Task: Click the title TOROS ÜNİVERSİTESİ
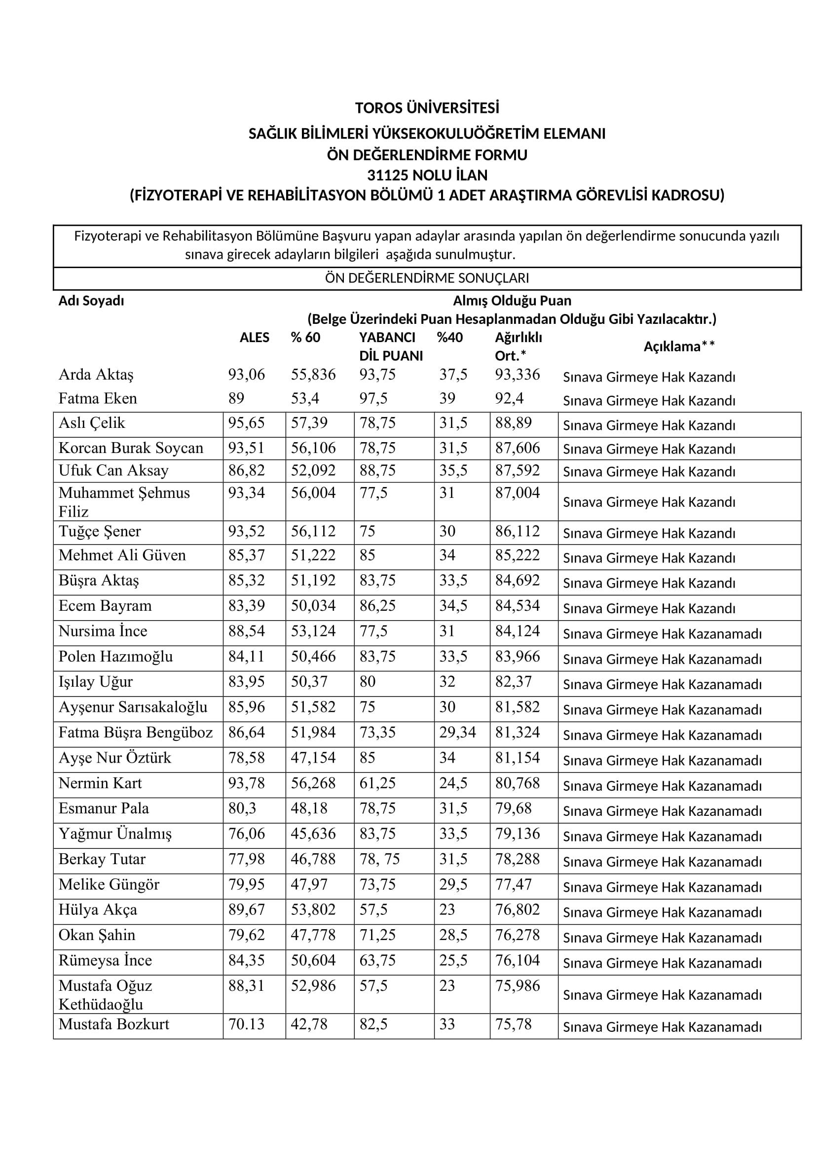pyautogui.click(x=427, y=108)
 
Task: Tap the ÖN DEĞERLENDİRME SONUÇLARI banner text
pyautogui.click(x=427, y=278)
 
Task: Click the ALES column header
pyautogui.click(x=254, y=338)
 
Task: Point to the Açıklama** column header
pyautogui.click(x=679, y=347)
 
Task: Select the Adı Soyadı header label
pyautogui.click(x=91, y=301)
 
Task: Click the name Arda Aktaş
pyautogui.click(x=96, y=375)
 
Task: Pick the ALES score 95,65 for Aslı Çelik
pyautogui.click(x=246, y=423)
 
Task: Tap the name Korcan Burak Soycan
pyautogui.click(x=131, y=448)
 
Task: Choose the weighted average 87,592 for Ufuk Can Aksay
pyautogui.click(x=518, y=471)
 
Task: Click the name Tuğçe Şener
pyautogui.click(x=100, y=531)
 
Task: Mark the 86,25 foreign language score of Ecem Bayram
pyautogui.click(x=377, y=606)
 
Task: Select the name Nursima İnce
pyautogui.click(x=103, y=631)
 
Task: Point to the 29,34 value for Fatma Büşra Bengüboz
pyautogui.click(x=457, y=733)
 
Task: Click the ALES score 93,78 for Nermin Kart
pyautogui.click(x=246, y=783)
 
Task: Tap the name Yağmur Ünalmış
pyautogui.click(x=115, y=834)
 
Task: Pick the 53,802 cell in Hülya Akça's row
pyautogui.click(x=313, y=909)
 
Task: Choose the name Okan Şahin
pyautogui.click(x=97, y=935)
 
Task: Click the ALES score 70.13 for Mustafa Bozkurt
pyautogui.click(x=246, y=1024)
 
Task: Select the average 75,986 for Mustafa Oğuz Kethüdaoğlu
pyautogui.click(x=518, y=986)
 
